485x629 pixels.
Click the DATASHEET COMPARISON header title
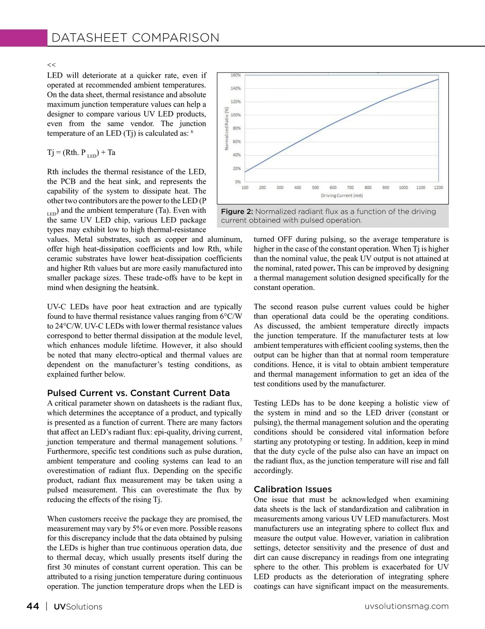coord(135,38)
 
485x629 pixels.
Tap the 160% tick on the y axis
coord(236,75)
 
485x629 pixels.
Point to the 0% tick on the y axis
coord(238,182)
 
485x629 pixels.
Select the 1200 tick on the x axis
coord(438,188)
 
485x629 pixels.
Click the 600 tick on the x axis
coord(333,188)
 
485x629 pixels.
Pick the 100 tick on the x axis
coord(245,188)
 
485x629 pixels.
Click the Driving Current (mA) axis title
coord(342,196)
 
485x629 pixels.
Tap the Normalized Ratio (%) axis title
coord(227,128)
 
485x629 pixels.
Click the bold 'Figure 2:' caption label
coord(237,212)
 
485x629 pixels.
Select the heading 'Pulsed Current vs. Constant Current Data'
coord(138,393)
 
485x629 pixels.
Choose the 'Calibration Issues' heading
coord(293,489)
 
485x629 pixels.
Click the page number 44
coord(33,606)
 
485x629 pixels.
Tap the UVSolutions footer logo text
coord(78,607)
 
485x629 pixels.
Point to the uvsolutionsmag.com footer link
coord(407,606)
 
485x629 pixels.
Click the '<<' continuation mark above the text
coord(51,65)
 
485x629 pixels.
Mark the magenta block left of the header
coord(23,38)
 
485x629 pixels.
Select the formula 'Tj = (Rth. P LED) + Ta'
coord(81,153)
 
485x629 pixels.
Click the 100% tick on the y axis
coord(236,115)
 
